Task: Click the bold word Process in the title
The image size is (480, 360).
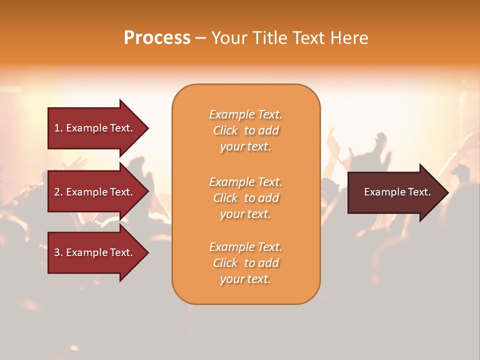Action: tap(157, 38)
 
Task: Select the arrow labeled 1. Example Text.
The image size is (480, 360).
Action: tap(95, 128)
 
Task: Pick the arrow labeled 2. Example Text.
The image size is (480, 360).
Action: tap(95, 192)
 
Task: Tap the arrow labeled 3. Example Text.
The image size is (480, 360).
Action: tap(95, 252)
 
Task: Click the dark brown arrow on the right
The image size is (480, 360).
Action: tap(395, 192)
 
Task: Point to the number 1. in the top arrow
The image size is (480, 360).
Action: tap(58, 128)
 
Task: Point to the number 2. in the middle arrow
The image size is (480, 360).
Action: tap(58, 192)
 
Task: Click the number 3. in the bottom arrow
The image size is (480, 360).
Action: tap(58, 252)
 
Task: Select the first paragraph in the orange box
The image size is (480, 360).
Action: tap(245, 130)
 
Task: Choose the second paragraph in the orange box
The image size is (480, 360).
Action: tap(245, 198)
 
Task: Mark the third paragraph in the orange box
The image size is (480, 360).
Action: tap(245, 263)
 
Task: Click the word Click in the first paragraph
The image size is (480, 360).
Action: tap(225, 130)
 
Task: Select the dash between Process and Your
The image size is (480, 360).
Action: tap(201, 38)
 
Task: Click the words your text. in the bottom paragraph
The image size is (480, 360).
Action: tap(245, 279)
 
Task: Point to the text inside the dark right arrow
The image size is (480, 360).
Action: tap(397, 192)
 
